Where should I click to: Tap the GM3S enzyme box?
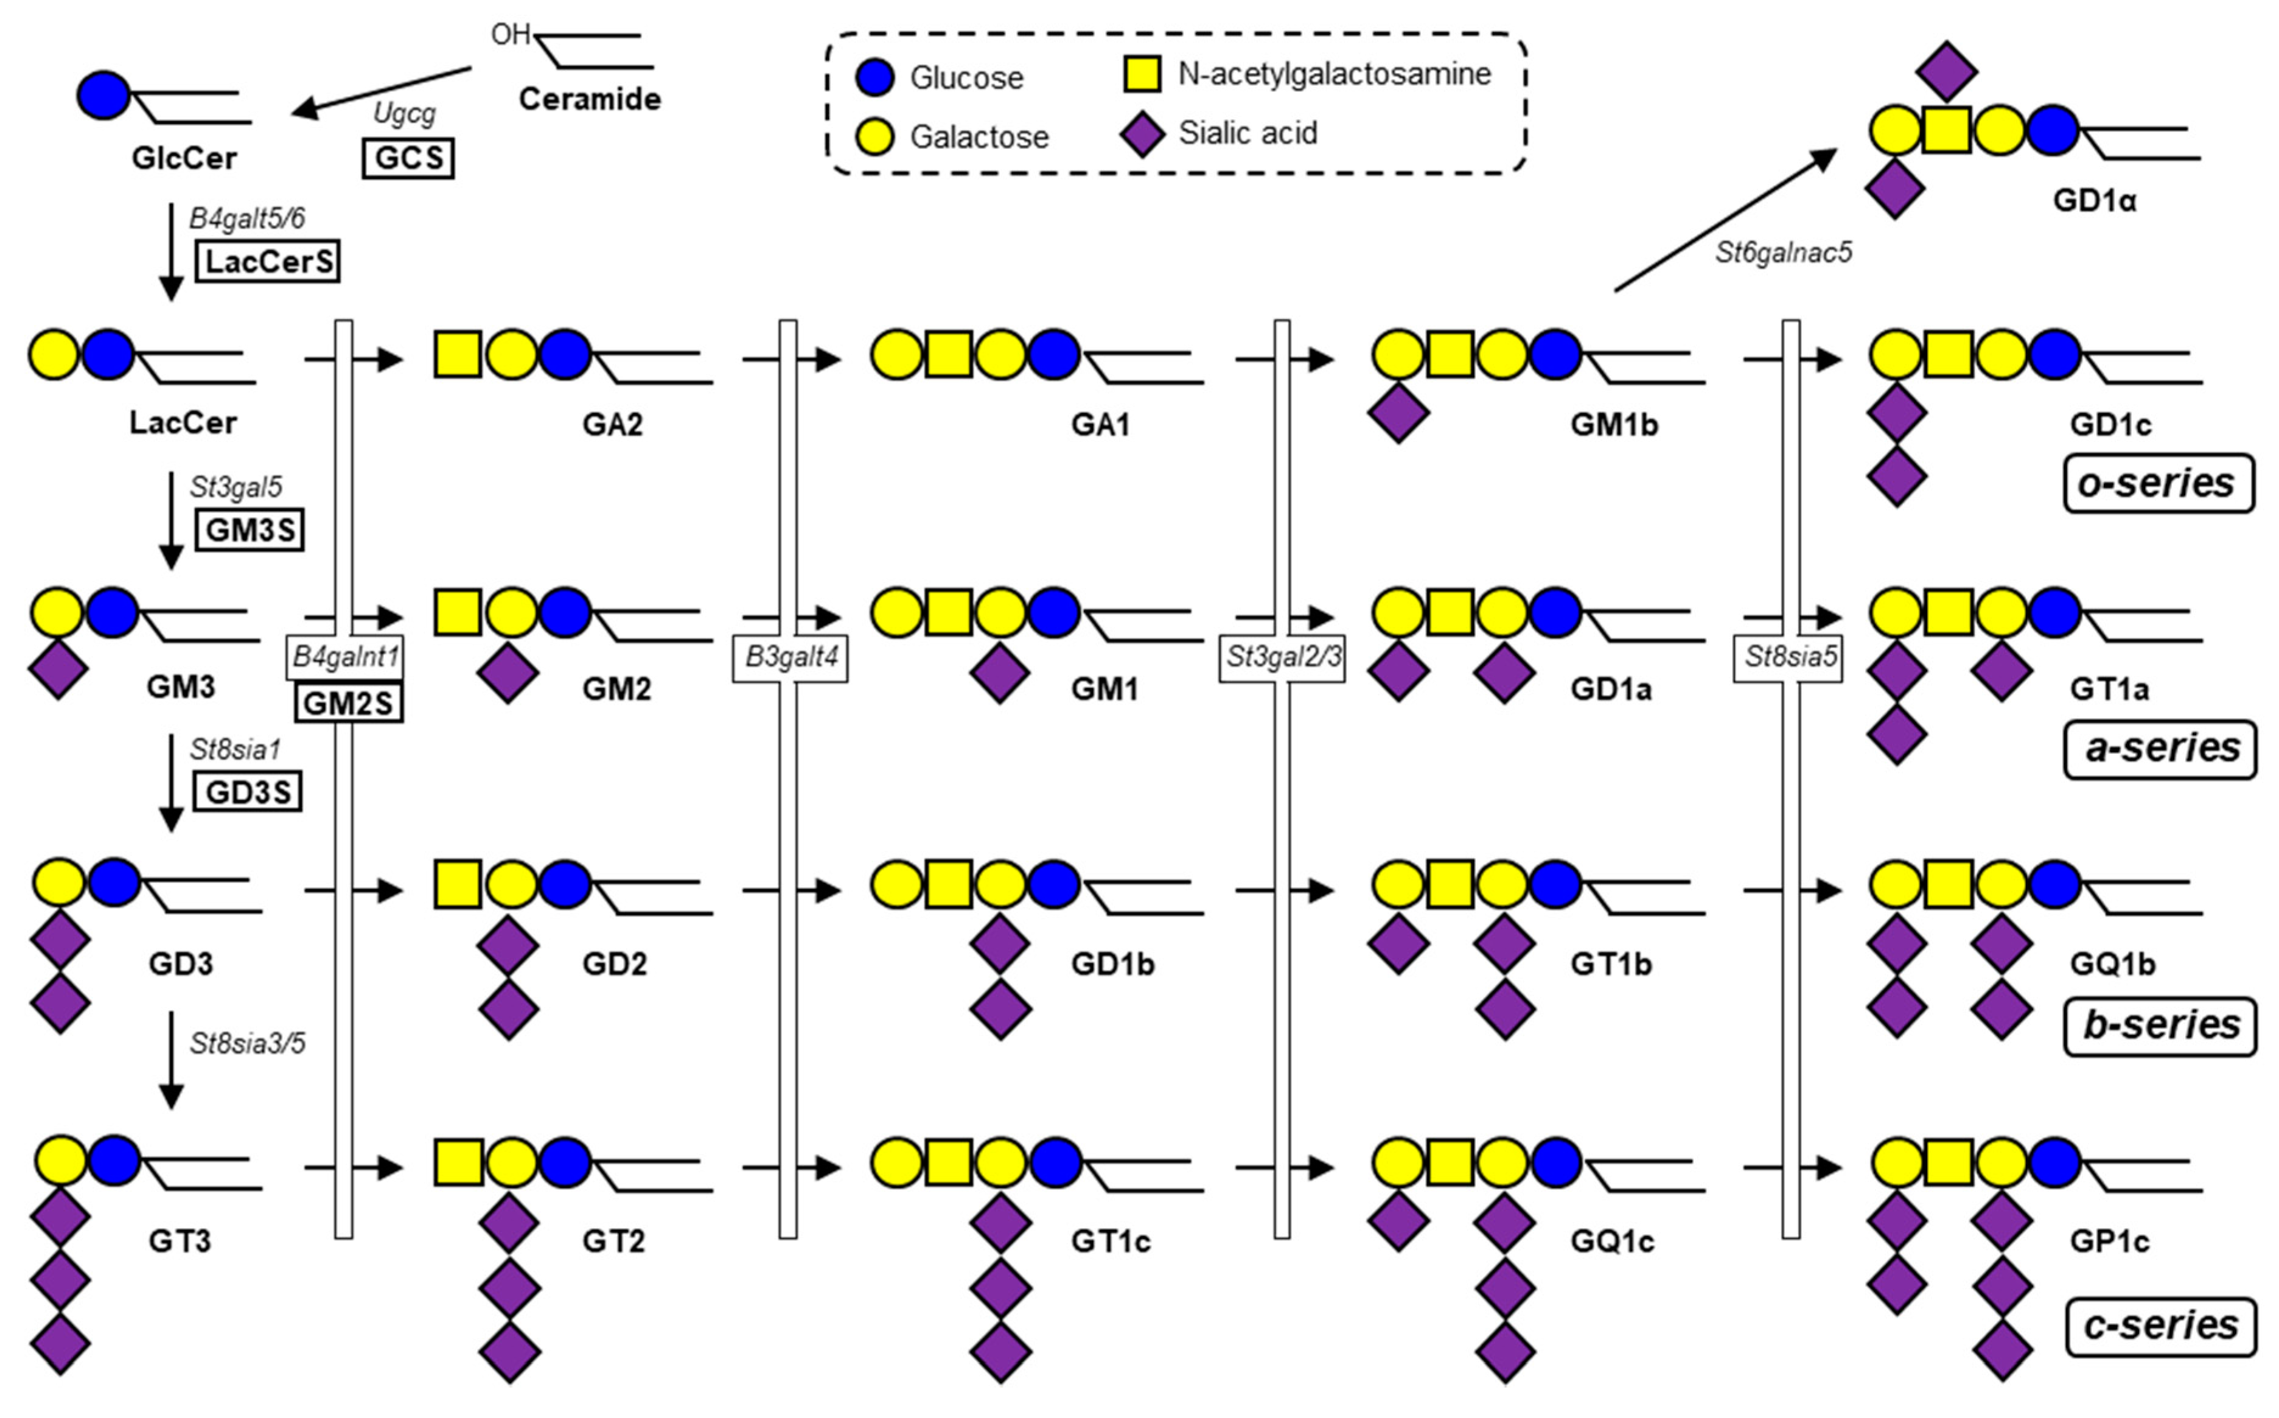tap(250, 530)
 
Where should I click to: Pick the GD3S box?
tap(248, 792)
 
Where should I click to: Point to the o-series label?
tap(2159, 484)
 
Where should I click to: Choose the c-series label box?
tap(2161, 1326)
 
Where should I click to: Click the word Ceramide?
tap(590, 99)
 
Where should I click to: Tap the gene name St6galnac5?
tap(1784, 253)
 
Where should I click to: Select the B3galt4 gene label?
tap(790, 657)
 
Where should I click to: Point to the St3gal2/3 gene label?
tap(1282, 657)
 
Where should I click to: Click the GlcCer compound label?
tap(184, 158)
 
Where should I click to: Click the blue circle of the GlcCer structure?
tap(103, 95)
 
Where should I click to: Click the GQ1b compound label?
tap(2113, 964)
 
